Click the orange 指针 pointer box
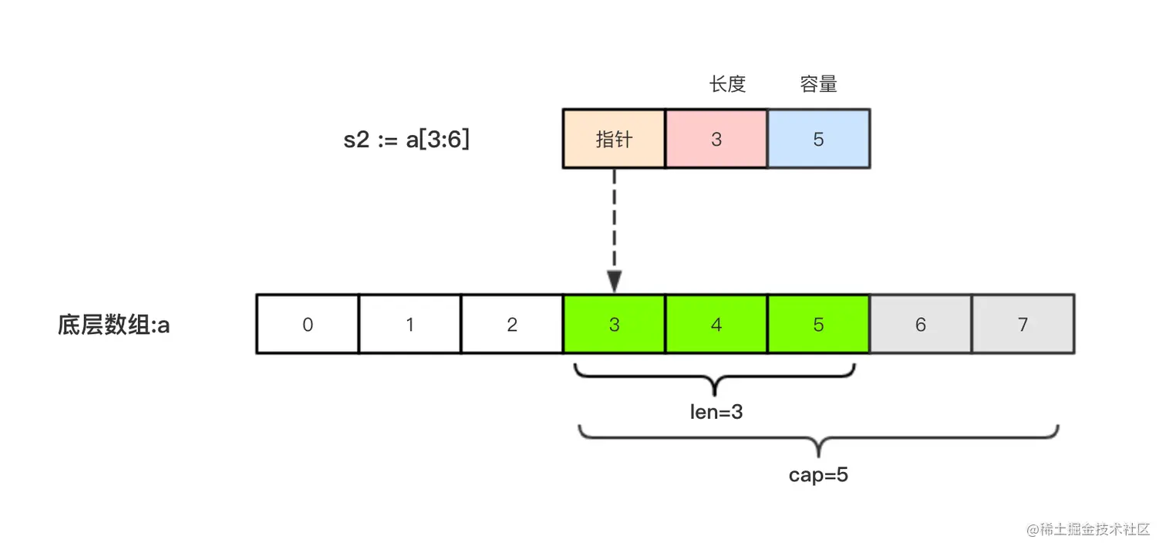point(614,139)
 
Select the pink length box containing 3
point(716,139)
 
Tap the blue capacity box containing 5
point(819,139)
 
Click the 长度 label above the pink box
point(727,84)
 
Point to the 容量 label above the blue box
point(818,84)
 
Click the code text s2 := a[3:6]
point(406,140)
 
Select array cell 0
point(308,325)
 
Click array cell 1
point(409,325)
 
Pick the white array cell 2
point(512,325)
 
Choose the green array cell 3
point(614,325)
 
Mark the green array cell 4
point(716,325)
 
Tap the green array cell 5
point(819,325)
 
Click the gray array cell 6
point(921,325)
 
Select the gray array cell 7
point(1023,325)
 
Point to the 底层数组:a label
point(113,325)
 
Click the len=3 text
point(716,412)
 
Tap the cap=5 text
point(818,474)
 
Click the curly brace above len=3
point(716,377)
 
